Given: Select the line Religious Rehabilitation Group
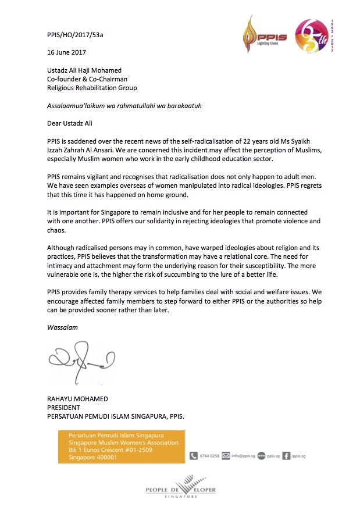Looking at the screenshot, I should click(x=92, y=88).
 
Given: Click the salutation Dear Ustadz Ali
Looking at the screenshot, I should click(x=70, y=123).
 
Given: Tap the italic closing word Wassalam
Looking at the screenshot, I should click(x=62, y=327).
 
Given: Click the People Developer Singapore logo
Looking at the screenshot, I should click(x=180, y=488).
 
